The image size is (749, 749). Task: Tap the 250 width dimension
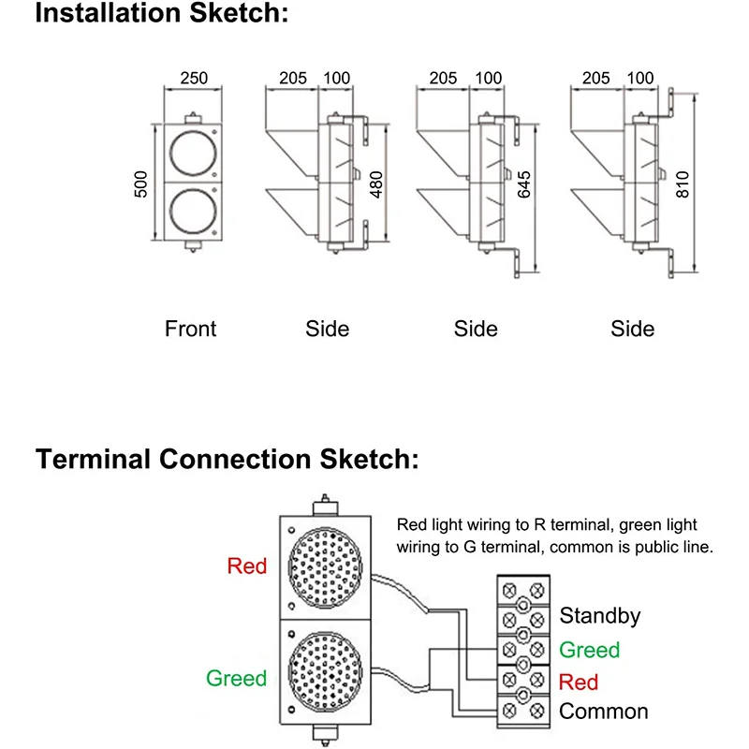193,79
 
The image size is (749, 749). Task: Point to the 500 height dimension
141,184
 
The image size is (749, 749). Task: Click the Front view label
190,329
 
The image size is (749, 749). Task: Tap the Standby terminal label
600,615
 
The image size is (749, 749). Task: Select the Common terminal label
604,712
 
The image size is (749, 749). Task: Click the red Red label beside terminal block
578,681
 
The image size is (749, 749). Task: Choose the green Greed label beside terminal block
590,650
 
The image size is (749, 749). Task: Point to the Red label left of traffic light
247,565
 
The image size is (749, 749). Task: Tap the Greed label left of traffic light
237,678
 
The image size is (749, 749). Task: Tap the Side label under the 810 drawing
633,329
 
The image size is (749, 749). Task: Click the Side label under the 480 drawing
328,329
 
